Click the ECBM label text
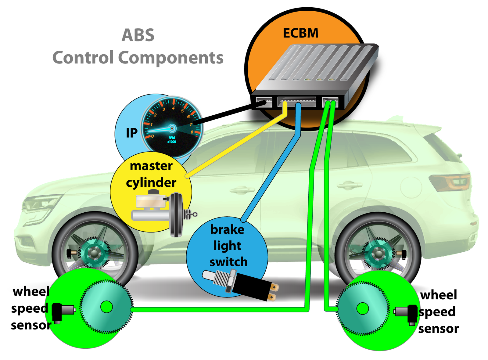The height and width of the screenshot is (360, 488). tap(300, 33)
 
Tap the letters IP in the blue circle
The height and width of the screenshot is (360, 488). tap(131, 133)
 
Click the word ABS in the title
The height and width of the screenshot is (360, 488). tap(138, 35)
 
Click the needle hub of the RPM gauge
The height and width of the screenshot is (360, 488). tap(172, 128)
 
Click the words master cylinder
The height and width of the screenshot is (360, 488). tap(151, 174)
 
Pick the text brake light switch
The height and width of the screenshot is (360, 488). tap(228, 246)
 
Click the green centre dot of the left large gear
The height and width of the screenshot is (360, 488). tap(106, 307)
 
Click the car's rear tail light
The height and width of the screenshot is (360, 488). tap(451, 182)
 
